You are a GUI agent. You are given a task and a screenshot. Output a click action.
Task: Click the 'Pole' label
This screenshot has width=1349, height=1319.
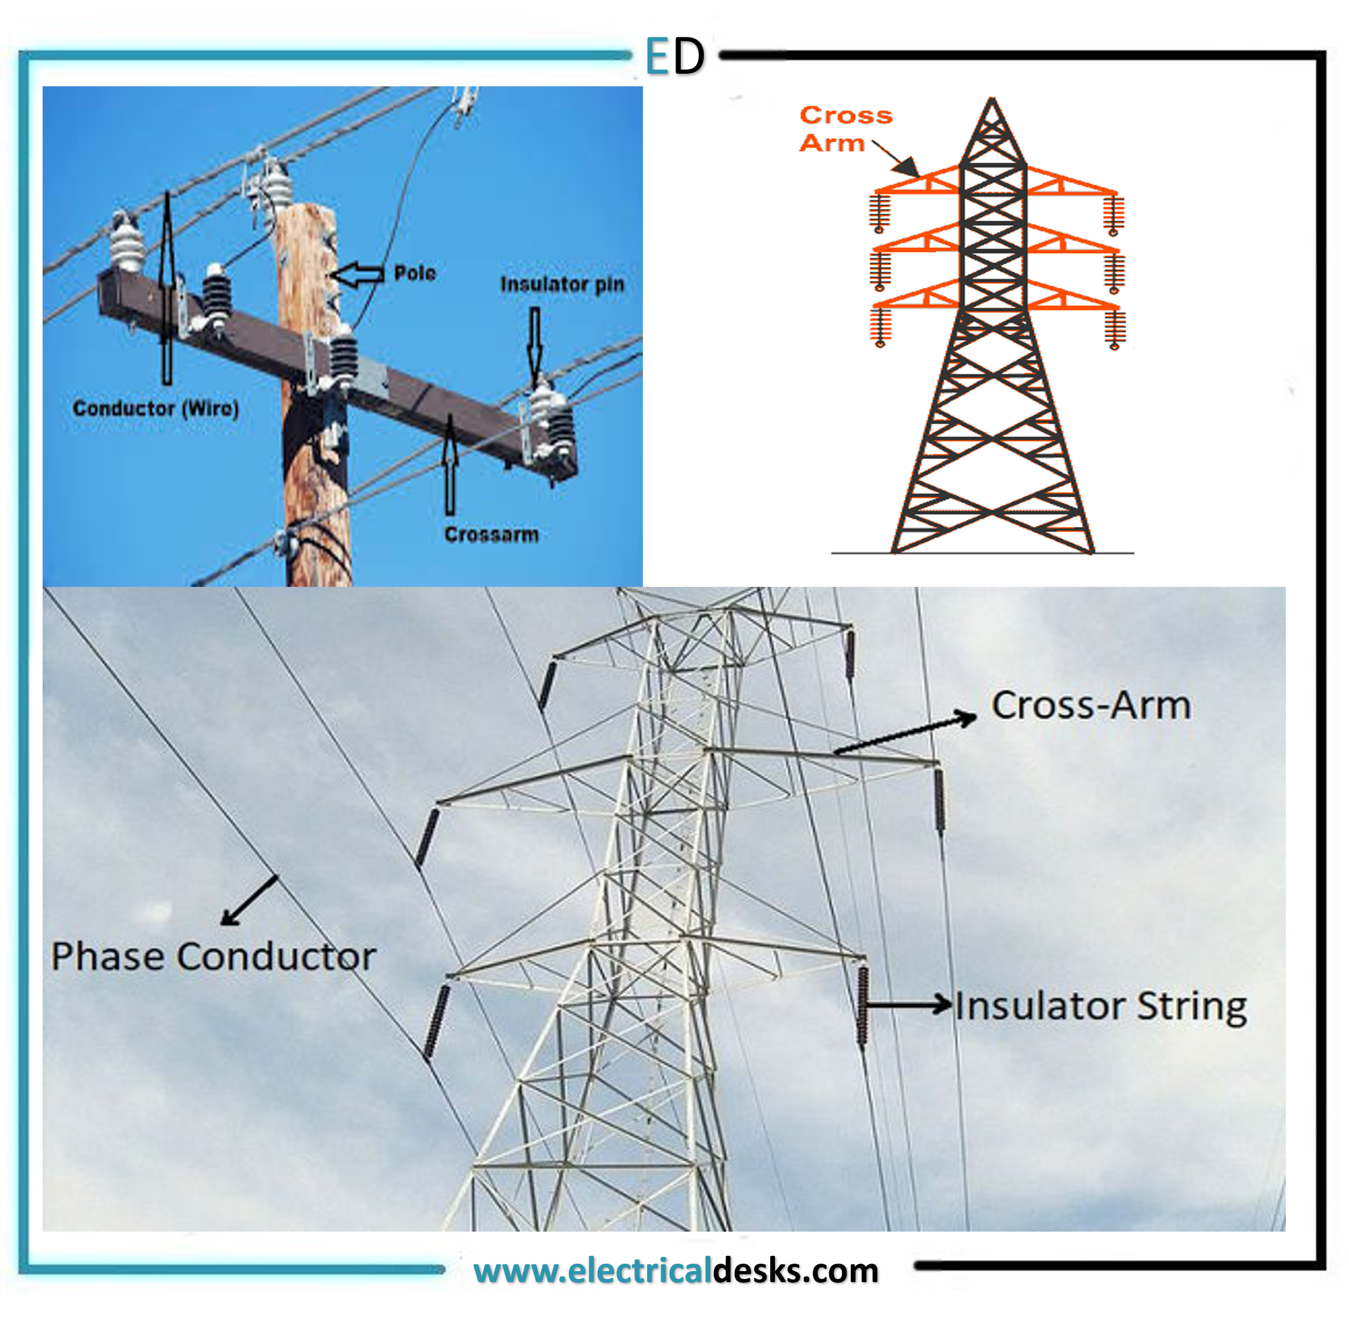(415, 273)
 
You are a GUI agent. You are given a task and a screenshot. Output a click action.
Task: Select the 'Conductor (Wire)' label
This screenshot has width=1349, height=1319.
(156, 409)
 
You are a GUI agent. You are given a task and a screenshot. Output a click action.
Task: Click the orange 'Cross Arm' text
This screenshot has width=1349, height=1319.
(845, 129)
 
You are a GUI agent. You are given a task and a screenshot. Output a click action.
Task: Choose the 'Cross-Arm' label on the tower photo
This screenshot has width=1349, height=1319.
(1091, 706)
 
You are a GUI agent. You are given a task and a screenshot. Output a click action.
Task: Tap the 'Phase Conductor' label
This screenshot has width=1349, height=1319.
(213, 957)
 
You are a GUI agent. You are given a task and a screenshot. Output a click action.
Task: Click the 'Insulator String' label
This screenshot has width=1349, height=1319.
(1101, 1006)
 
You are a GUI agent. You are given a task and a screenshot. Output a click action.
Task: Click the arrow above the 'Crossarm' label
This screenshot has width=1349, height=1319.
(450, 464)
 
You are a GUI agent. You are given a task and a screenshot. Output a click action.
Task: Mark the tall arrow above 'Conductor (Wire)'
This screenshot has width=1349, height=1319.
(167, 287)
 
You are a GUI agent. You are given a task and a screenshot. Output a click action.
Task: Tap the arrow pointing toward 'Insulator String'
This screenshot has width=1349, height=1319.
(909, 1003)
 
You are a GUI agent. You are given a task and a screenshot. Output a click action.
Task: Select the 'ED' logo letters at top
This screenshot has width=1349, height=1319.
(674, 56)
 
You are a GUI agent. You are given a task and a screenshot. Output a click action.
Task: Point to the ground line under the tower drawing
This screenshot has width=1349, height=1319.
(982, 553)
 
